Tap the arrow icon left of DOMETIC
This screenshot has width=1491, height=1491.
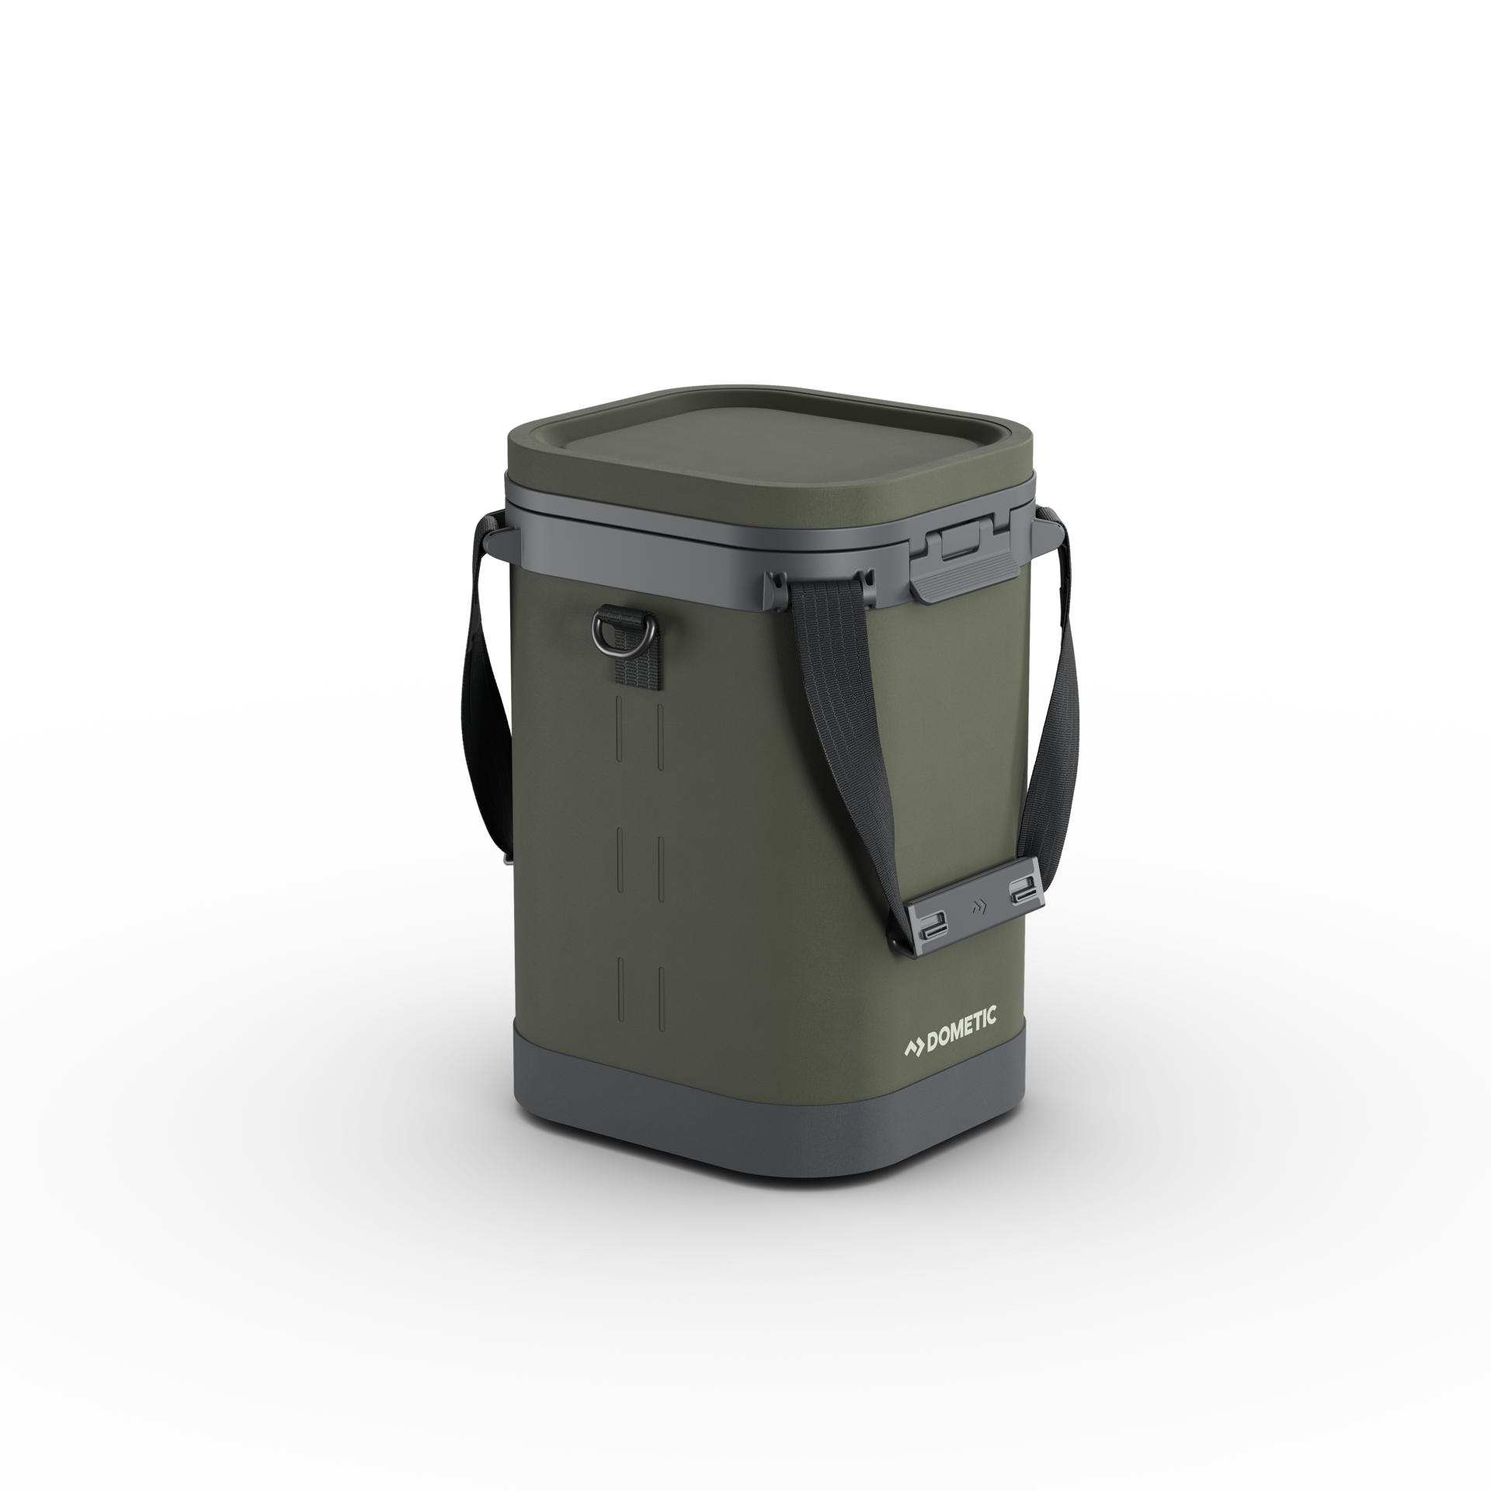click(916, 1025)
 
